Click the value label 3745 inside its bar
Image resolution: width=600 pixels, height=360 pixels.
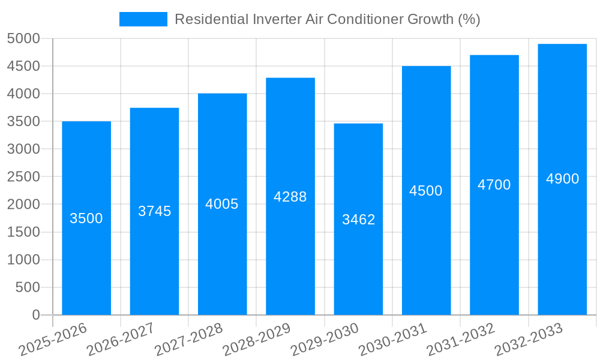(x=154, y=211)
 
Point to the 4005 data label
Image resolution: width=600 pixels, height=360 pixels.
(x=222, y=204)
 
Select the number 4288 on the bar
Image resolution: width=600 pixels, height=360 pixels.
(x=290, y=197)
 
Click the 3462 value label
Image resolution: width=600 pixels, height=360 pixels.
(x=358, y=220)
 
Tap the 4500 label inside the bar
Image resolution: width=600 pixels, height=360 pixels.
(x=426, y=191)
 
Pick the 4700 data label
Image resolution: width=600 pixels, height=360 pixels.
(x=494, y=185)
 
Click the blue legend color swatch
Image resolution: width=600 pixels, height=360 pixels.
(x=143, y=19)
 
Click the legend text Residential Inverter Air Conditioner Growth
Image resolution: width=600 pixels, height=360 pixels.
(x=327, y=19)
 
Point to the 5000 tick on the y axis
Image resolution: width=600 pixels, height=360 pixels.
(x=23, y=38)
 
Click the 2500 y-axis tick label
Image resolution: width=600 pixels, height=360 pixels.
(x=23, y=177)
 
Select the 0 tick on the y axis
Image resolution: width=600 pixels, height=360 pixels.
(x=35, y=315)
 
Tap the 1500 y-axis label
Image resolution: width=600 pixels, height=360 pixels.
(x=23, y=232)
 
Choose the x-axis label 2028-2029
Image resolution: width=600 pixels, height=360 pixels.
(x=257, y=340)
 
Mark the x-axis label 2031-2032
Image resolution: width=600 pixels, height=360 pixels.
(x=461, y=340)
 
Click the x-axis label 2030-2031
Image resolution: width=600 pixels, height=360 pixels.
(x=393, y=340)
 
